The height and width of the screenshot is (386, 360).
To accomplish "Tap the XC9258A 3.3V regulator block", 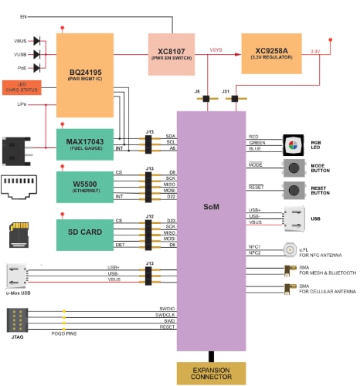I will point(270,54).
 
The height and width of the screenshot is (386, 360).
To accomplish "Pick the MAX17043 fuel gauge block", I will point(85,144).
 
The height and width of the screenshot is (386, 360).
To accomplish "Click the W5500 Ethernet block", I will point(85,188).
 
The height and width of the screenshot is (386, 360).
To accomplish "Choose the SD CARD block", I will point(85,234).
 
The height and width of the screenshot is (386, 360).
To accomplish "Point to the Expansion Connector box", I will point(210,374).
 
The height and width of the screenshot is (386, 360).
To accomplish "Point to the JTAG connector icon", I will point(19,320).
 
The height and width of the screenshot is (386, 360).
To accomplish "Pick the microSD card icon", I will point(19,232).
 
